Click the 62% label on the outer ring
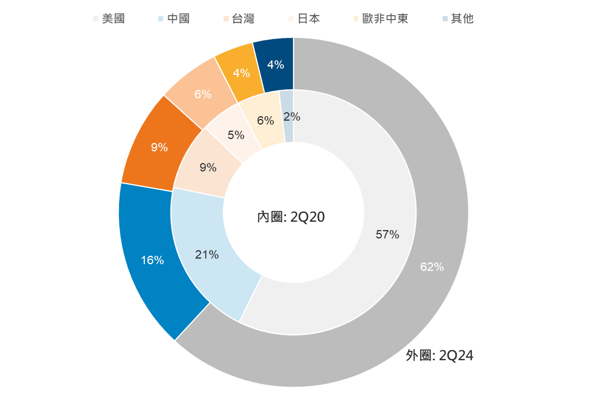[x=432, y=267]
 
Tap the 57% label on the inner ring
[x=387, y=235]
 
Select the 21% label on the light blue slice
[x=207, y=255]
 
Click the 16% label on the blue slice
[x=152, y=260]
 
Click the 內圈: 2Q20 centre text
[x=291, y=217]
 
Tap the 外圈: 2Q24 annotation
[x=439, y=356]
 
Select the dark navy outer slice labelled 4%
[x=275, y=65]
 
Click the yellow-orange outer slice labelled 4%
[x=241, y=73]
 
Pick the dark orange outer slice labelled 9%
[x=159, y=147]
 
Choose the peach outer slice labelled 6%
[x=202, y=94]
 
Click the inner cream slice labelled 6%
[x=266, y=120]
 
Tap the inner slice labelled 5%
[x=236, y=135]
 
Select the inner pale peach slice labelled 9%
[x=207, y=167]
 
